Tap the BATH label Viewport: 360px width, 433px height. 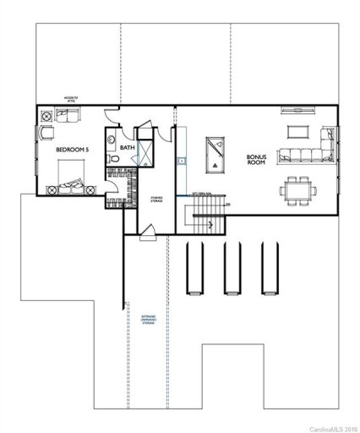[127, 148]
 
